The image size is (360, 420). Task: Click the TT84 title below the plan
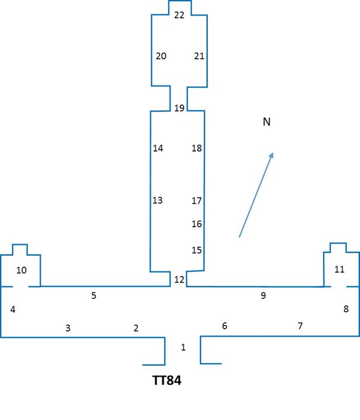click(x=167, y=380)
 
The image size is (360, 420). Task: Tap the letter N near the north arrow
click(x=267, y=122)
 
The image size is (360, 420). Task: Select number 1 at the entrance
click(x=183, y=347)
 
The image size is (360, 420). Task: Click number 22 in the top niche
click(x=179, y=15)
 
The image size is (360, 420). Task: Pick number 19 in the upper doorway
click(x=179, y=108)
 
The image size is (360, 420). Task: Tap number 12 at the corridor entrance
click(x=179, y=280)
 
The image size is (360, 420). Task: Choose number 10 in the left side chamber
click(x=21, y=270)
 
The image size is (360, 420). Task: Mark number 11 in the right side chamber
click(x=339, y=269)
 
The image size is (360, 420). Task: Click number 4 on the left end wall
click(x=12, y=310)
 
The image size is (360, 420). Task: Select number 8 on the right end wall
click(x=346, y=309)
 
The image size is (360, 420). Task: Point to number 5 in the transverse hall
click(x=93, y=296)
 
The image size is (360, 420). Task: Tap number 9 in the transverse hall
click(x=263, y=296)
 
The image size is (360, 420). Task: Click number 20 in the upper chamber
click(x=161, y=56)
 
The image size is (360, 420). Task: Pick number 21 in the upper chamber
click(x=199, y=56)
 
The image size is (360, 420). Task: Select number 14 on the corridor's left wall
click(x=157, y=148)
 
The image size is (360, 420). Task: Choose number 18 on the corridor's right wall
click(x=197, y=148)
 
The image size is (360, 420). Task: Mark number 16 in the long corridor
click(x=197, y=224)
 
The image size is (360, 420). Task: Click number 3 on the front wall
click(x=68, y=328)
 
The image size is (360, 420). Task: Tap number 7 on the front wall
click(x=300, y=326)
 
